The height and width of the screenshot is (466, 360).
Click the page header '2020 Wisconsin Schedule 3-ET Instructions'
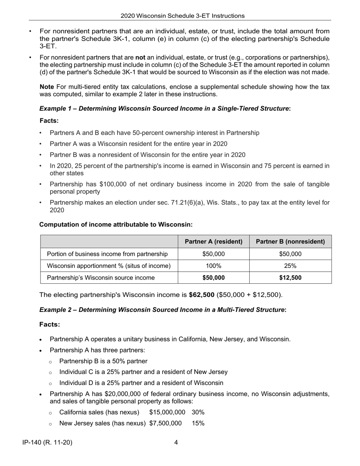182,16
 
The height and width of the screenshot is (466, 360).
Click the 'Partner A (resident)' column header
214,241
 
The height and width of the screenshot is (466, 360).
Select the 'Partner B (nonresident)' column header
290,241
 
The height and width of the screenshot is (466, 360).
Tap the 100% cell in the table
214,266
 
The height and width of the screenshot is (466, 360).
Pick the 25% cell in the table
290,266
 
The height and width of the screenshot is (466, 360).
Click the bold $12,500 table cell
290,278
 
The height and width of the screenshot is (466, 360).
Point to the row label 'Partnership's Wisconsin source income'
100,278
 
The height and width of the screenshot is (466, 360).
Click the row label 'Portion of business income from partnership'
107,254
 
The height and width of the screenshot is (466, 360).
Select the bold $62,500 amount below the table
201,295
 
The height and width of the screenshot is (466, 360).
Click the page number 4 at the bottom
176,442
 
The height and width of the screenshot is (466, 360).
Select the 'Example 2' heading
163,310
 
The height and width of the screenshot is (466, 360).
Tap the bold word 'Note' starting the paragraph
47,87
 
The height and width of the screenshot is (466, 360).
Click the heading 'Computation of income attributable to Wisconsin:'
116,224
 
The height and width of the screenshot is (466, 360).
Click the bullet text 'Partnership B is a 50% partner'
103,361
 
